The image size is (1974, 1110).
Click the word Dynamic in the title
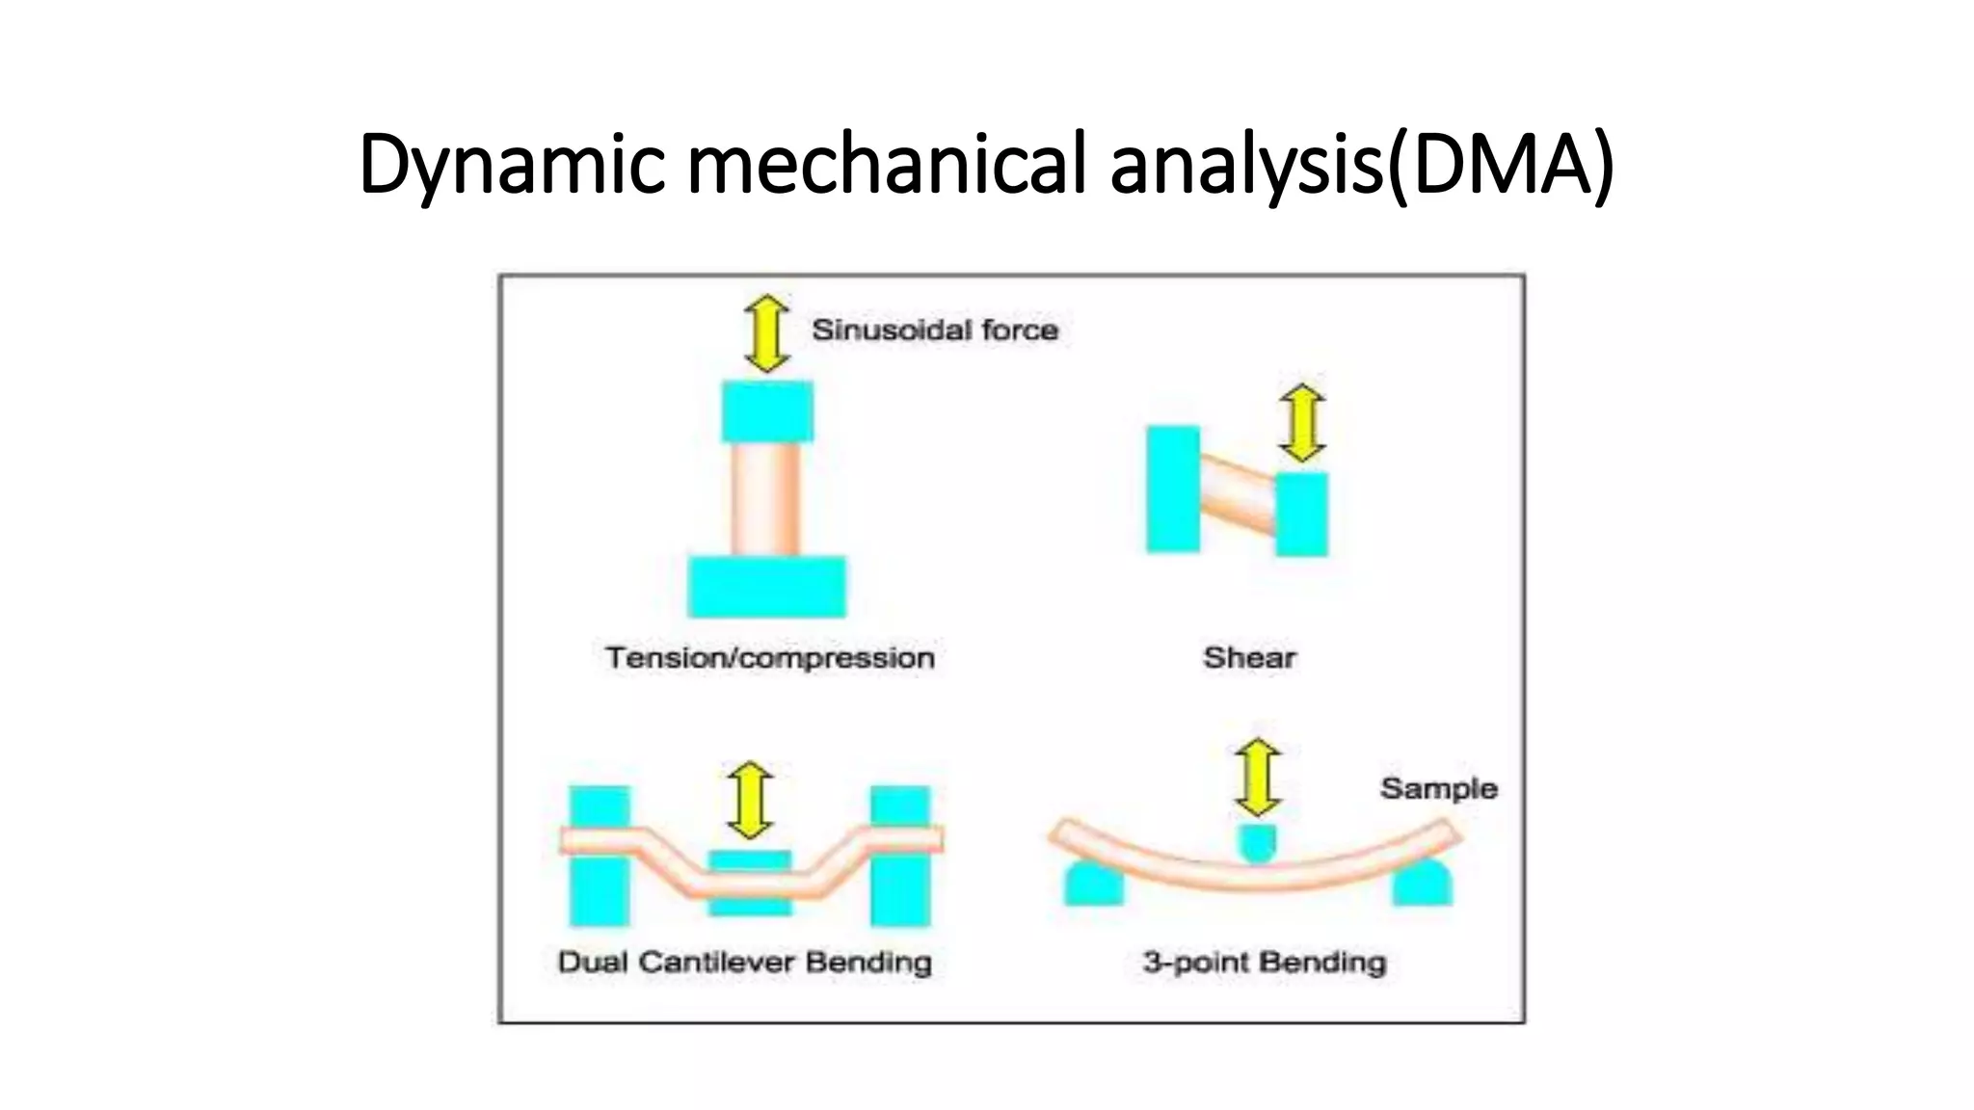click(x=512, y=164)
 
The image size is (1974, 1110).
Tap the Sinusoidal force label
click(x=934, y=330)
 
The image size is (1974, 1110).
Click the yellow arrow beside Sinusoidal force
click(x=767, y=333)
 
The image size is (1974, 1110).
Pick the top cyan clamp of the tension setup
click(x=767, y=411)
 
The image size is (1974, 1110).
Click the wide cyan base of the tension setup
click(x=766, y=586)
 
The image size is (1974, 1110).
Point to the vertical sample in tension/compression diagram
click(x=765, y=498)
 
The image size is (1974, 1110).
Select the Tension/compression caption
click(x=769, y=658)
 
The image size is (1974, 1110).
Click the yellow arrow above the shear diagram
click(x=1302, y=422)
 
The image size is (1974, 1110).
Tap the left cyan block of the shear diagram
click(x=1173, y=489)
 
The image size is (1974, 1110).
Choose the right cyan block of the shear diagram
click(x=1302, y=514)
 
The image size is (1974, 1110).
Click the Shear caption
click(x=1249, y=658)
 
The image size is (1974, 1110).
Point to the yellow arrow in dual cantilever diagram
click(x=750, y=800)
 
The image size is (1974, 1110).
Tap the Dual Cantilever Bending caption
click(x=744, y=962)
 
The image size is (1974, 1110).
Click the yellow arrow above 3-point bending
click(x=1258, y=778)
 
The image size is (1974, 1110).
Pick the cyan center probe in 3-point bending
click(x=1258, y=841)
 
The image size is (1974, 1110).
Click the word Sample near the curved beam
click(x=1438, y=789)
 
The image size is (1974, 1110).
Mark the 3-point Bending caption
click(x=1264, y=962)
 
